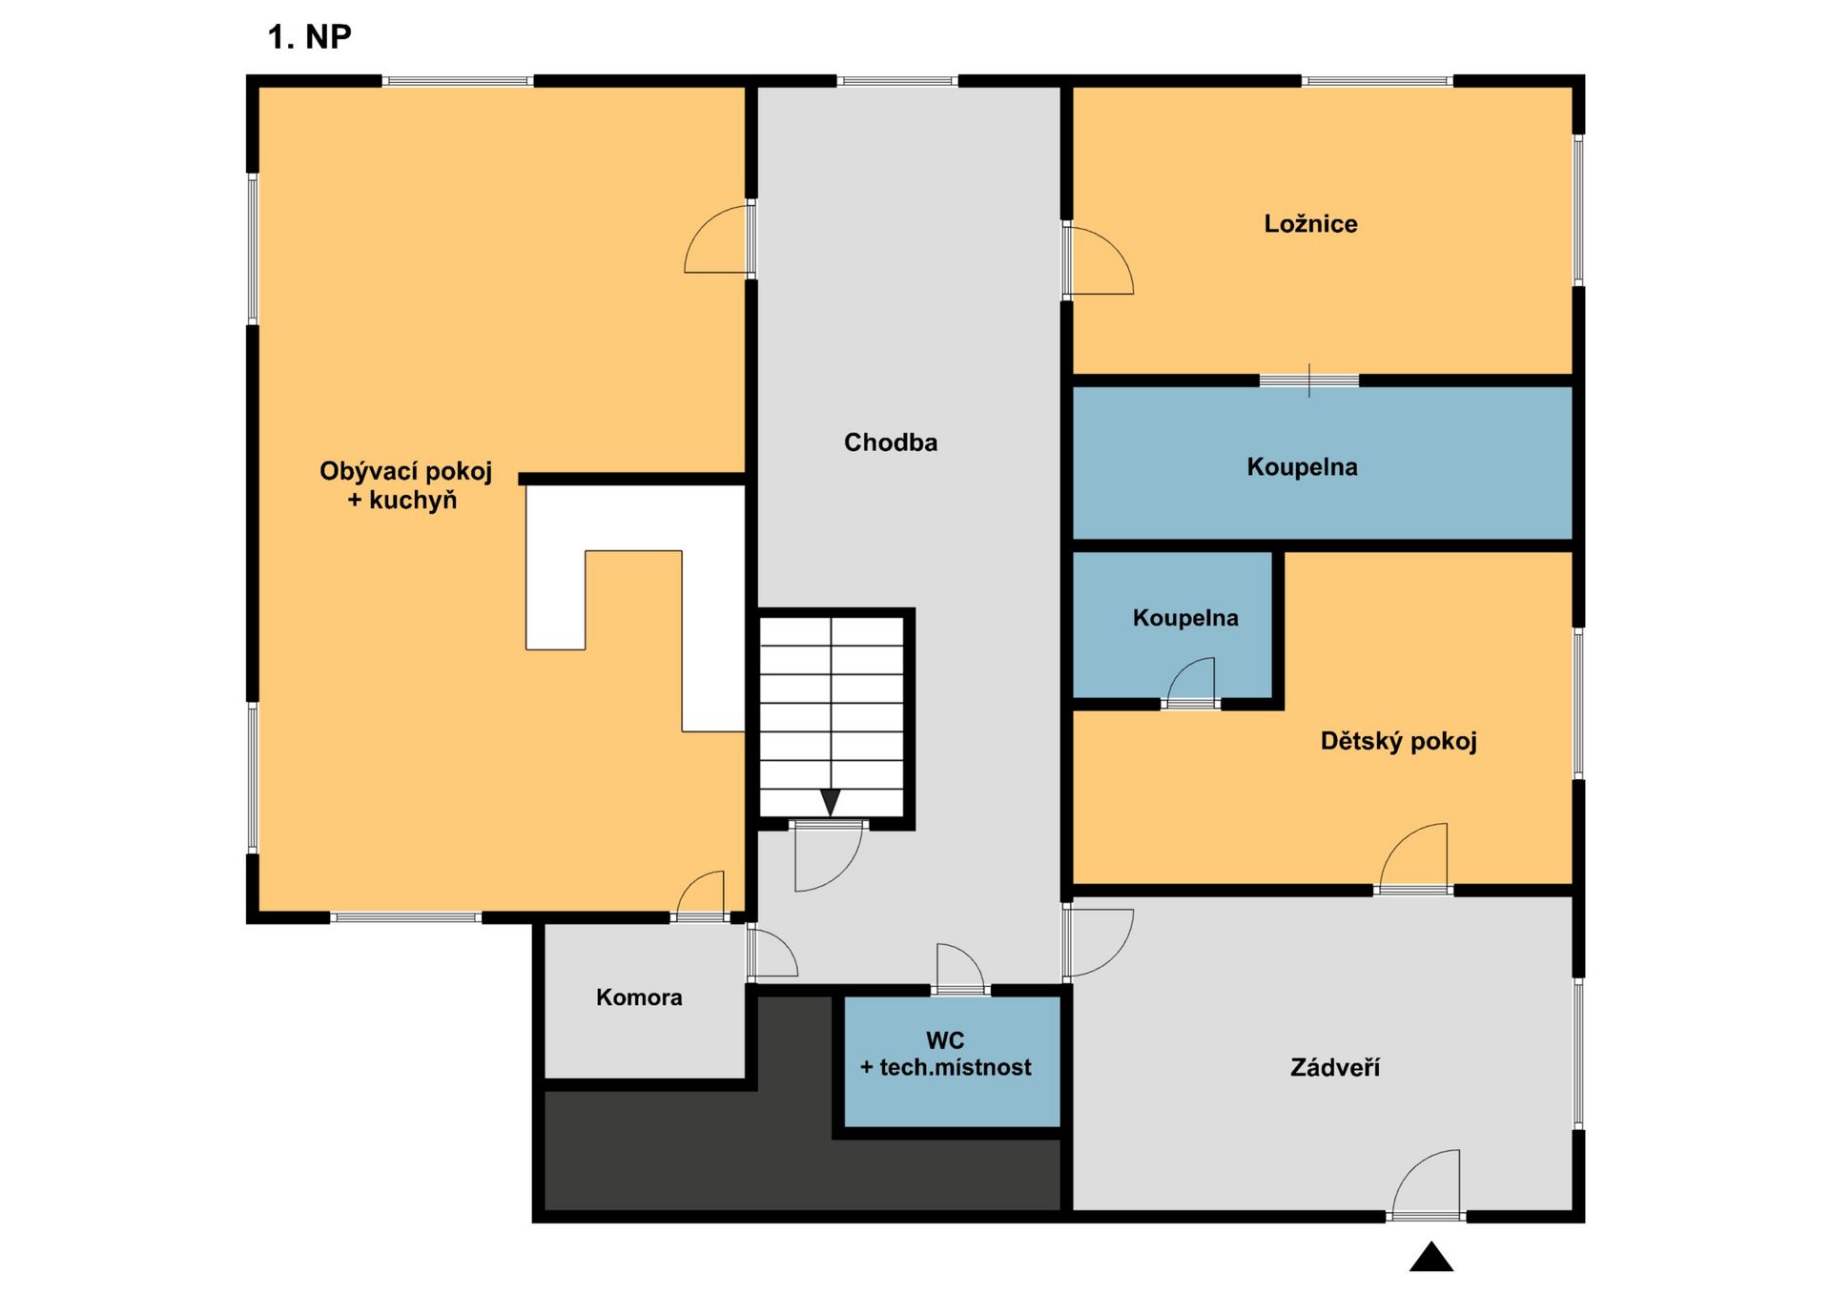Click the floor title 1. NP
[309, 37]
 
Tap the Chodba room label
[891, 442]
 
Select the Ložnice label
[1310, 224]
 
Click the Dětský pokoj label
[1398, 742]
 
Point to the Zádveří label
[1334, 1067]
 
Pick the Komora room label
[639, 997]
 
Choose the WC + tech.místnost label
[945, 1054]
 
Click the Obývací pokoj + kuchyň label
[405, 485]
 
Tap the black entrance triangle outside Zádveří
[1431, 1257]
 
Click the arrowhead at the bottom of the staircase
[831, 803]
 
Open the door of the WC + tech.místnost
[960, 968]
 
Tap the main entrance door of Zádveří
[1426, 1183]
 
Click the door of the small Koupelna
[1191, 682]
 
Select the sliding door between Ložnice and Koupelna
[1309, 380]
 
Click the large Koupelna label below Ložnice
[1302, 467]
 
